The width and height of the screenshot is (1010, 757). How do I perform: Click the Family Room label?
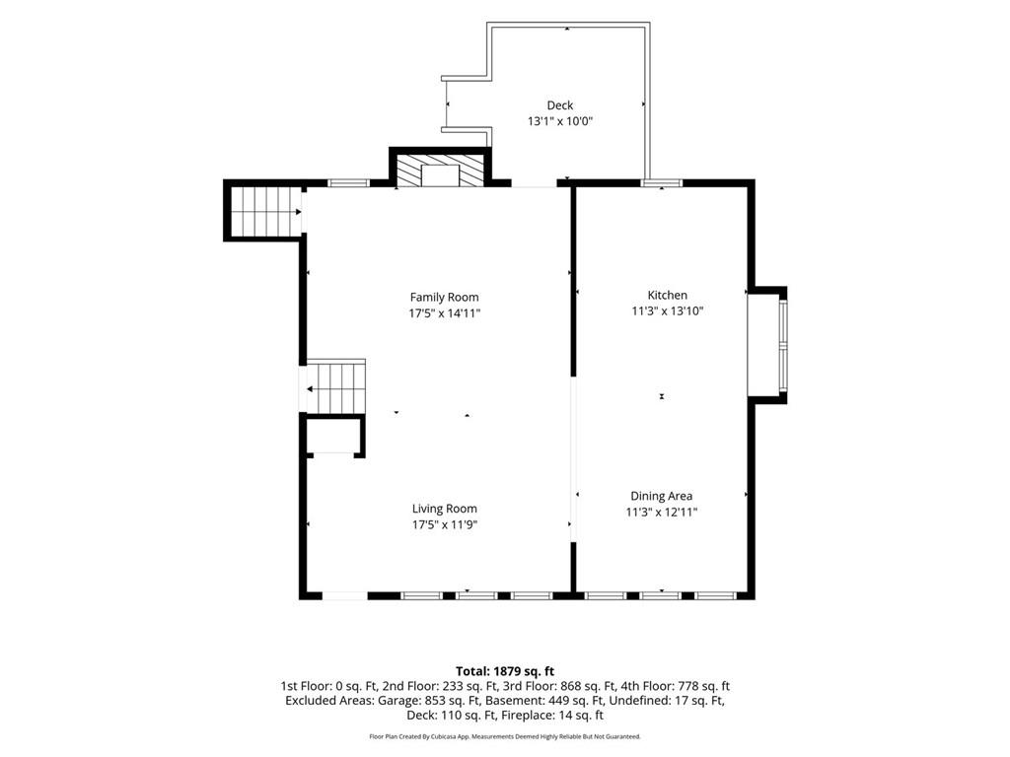click(x=445, y=298)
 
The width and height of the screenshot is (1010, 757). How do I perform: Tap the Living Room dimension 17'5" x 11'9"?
click(x=445, y=524)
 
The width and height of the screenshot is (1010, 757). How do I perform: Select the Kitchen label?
click(x=668, y=295)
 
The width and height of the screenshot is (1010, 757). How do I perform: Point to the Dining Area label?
click(x=662, y=497)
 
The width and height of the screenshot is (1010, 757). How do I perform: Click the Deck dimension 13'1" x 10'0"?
click(x=560, y=121)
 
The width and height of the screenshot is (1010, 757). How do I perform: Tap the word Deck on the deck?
click(x=560, y=105)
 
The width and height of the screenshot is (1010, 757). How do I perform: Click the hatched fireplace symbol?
click(x=440, y=171)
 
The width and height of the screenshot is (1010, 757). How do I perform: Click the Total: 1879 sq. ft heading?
click(x=505, y=672)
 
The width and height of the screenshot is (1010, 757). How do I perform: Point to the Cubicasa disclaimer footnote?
click(x=505, y=736)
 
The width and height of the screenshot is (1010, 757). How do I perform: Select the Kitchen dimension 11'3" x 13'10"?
click(x=668, y=310)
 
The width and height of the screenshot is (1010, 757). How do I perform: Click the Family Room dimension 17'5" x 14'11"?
click(x=445, y=313)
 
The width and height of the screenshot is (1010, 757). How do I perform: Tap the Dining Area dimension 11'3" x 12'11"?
click(x=662, y=513)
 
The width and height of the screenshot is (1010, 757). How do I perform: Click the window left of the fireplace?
click(x=348, y=182)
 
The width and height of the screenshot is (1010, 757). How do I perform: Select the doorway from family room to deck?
click(x=534, y=184)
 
